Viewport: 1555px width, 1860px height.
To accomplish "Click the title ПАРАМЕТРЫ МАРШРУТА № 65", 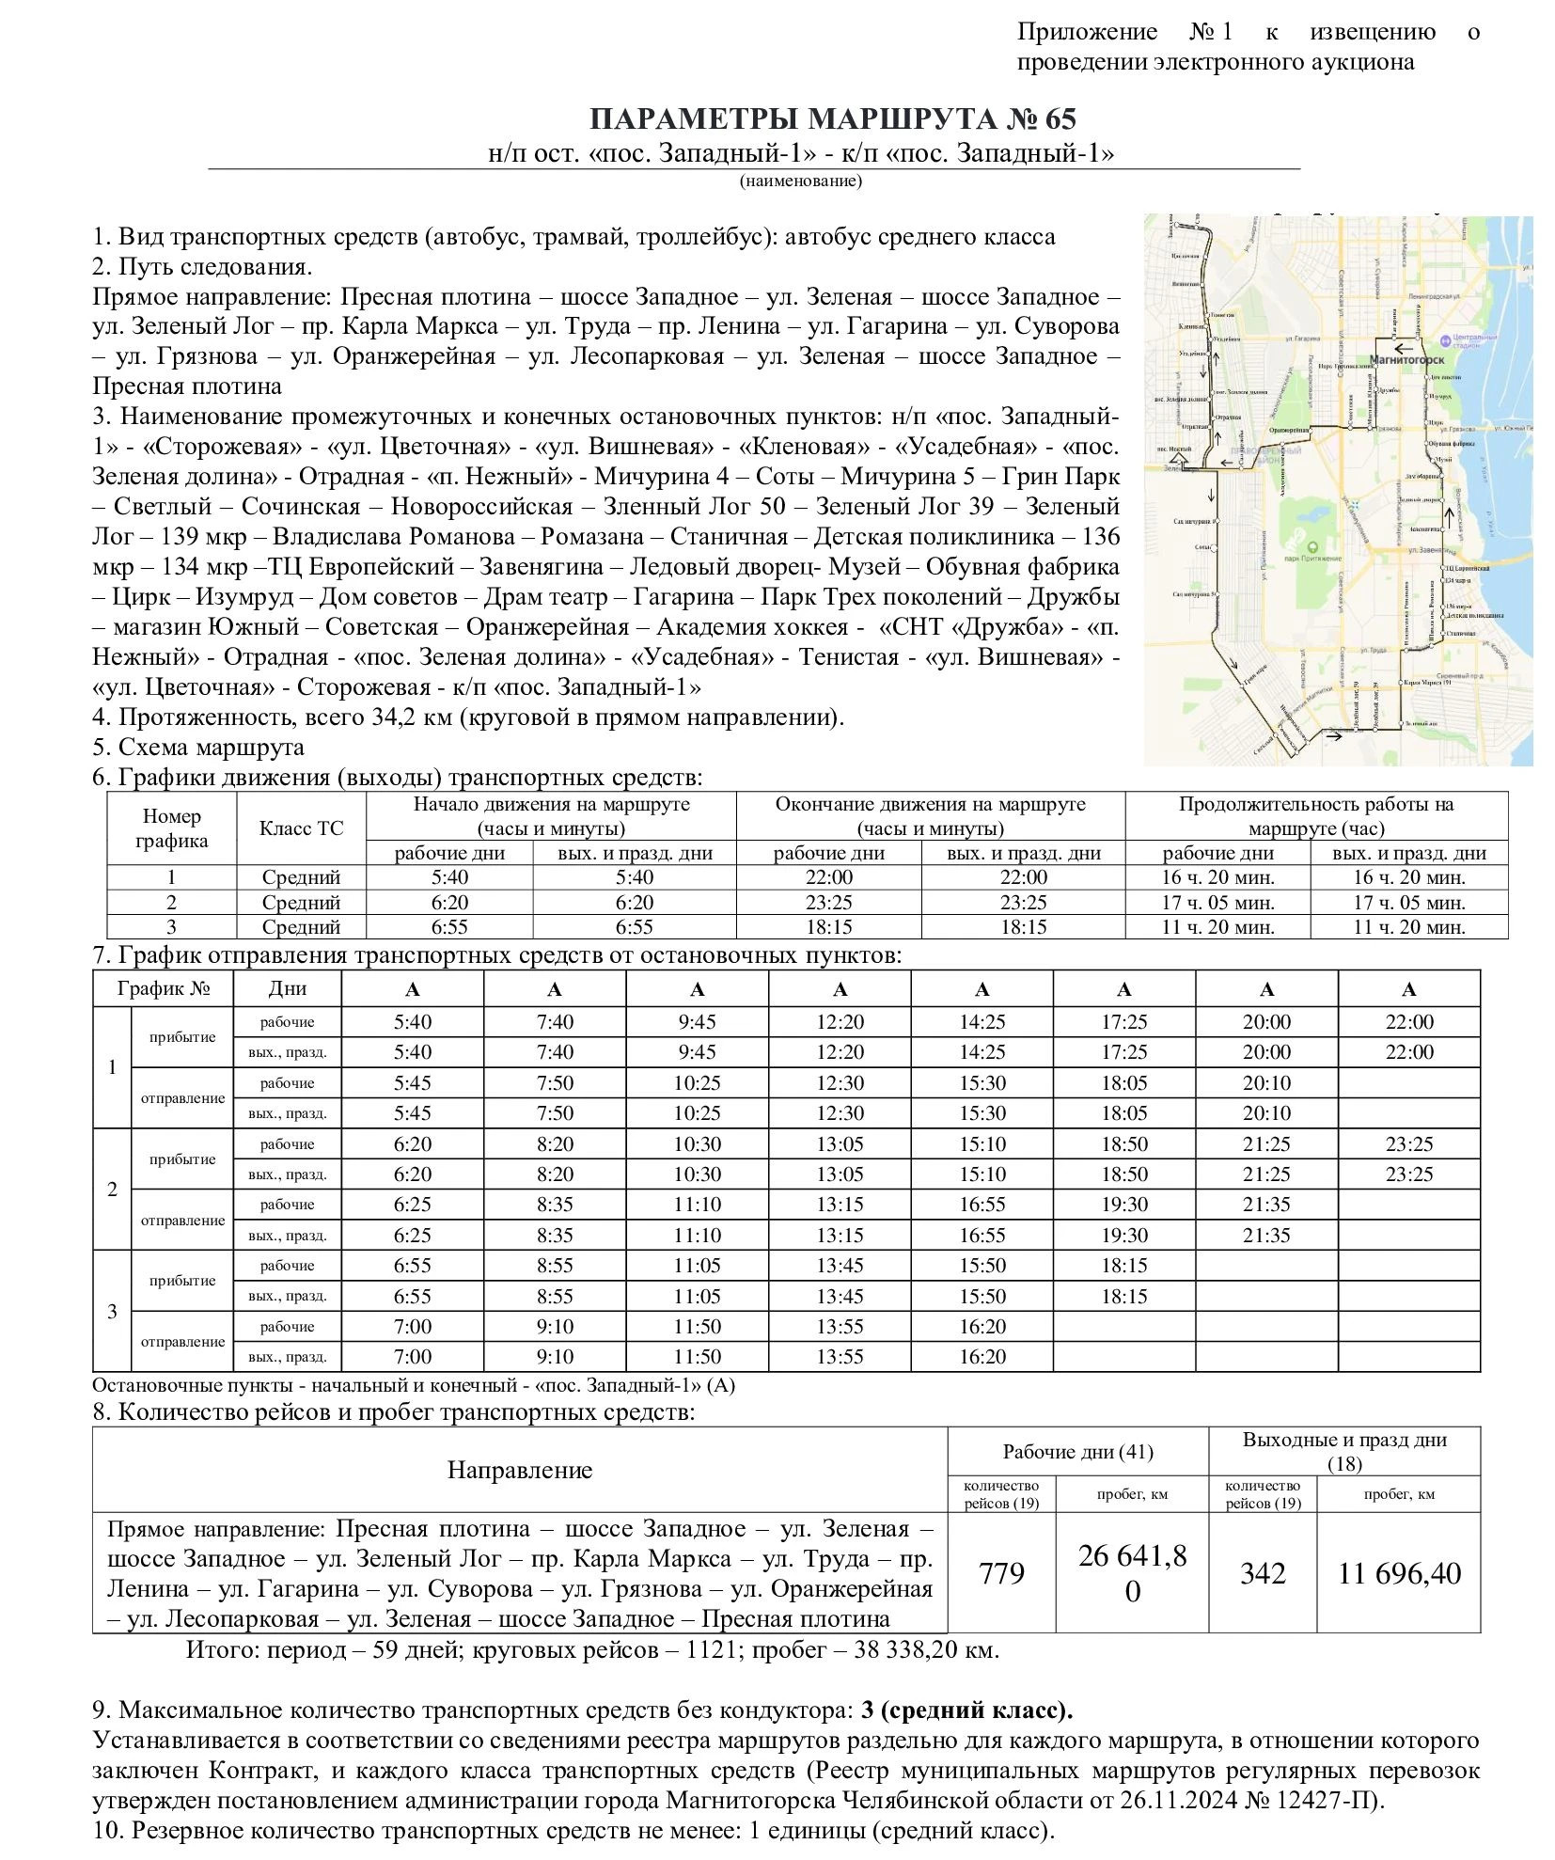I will coord(831,119).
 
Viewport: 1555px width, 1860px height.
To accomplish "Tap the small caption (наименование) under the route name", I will coord(800,181).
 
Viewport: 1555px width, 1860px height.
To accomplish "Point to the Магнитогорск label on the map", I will coord(1406,359).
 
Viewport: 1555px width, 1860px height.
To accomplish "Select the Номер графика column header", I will coord(171,828).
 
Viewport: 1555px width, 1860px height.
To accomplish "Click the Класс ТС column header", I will coord(301,828).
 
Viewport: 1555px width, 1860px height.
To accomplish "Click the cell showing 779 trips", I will coord(1001,1573).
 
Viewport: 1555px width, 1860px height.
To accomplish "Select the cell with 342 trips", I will coord(1262,1573).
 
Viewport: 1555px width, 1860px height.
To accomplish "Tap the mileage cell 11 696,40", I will coord(1399,1573).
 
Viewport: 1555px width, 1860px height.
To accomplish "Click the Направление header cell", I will coord(520,1471).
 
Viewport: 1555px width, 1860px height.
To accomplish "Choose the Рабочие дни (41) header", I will coord(1077,1452).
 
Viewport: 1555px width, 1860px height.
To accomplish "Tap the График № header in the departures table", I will coord(163,989).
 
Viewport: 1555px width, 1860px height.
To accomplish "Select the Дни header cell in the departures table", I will coord(287,989).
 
